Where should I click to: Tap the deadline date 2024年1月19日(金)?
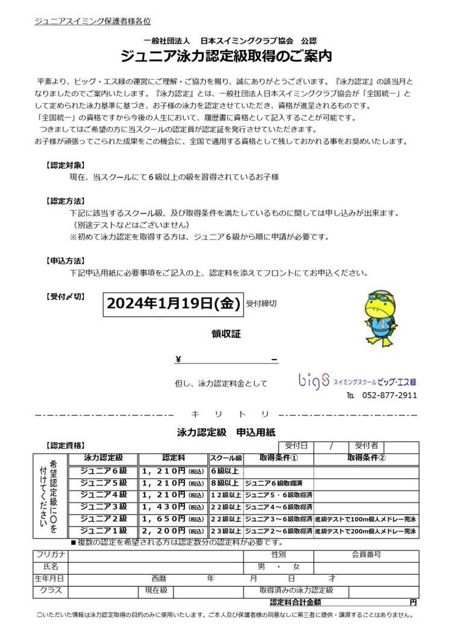coord(174,303)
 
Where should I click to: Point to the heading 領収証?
coord(225,334)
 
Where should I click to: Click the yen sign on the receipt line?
coord(178,360)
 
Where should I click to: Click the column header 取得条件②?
coord(366,458)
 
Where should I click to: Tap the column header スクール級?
coord(225,458)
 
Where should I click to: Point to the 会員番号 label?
coord(366,554)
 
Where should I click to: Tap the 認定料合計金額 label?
coord(295,602)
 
